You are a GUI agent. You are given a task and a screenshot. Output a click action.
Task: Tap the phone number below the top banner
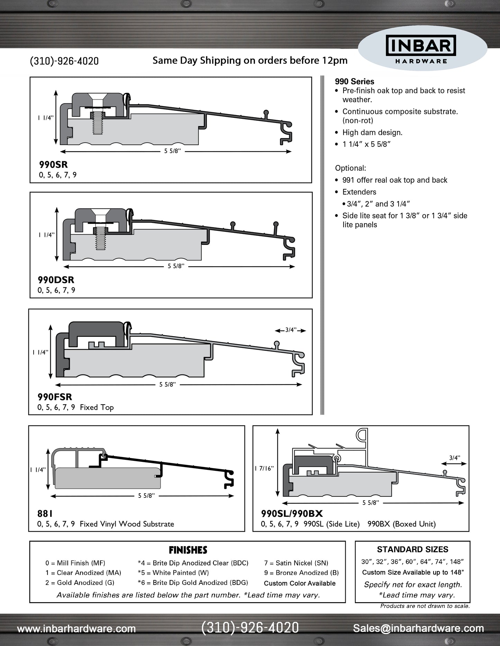tap(64, 61)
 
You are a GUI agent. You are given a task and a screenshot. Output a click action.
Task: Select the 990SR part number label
tap(53, 164)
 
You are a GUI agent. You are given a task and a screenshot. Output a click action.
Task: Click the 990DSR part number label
tap(56, 279)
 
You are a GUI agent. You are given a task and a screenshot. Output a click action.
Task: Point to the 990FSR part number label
tap(55, 397)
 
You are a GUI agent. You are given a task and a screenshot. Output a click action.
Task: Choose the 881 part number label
tap(45, 514)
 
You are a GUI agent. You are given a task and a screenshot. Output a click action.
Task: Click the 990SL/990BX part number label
tap(292, 514)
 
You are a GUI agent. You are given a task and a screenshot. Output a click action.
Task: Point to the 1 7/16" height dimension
tap(264, 468)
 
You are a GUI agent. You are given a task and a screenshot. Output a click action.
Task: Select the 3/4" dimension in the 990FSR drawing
tap(291, 330)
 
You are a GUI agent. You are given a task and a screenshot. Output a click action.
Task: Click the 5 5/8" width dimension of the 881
tap(146, 496)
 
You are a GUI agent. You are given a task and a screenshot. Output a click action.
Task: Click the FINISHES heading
tap(188, 550)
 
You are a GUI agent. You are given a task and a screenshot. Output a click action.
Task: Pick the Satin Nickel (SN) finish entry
tap(296, 563)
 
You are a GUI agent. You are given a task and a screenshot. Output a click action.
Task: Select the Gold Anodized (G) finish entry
tap(80, 582)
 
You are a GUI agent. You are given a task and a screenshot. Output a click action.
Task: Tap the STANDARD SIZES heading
tap(412, 549)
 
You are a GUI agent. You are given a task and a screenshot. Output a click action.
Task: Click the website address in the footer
tap(76, 628)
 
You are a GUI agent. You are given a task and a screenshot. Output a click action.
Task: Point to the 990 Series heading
tap(354, 82)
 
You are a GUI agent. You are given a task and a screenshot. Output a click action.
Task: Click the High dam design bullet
tap(372, 133)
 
